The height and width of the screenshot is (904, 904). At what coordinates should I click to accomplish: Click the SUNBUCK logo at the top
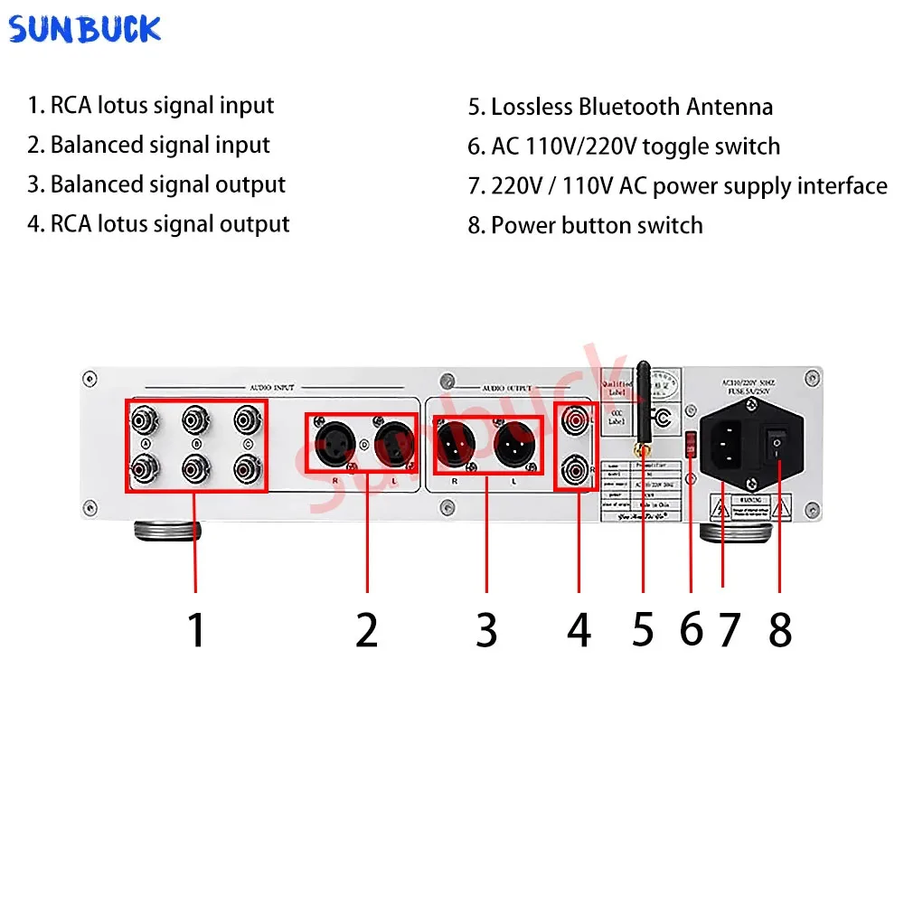pyautogui.click(x=85, y=29)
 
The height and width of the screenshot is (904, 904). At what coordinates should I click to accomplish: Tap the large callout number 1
pyautogui.click(x=196, y=629)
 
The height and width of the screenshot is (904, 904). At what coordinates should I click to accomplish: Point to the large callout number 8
pyautogui.click(x=779, y=629)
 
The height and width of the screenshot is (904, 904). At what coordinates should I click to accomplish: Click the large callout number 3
pyautogui.click(x=486, y=629)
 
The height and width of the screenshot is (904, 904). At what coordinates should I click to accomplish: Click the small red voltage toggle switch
pyautogui.click(x=691, y=443)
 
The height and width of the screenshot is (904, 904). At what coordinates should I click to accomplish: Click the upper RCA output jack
pyautogui.click(x=574, y=420)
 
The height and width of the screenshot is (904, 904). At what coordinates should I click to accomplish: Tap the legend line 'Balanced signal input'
pyautogui.click(x=160, y=145)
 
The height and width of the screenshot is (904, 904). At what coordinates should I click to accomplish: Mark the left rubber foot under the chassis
pyautogui.click(x=167, y=530)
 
